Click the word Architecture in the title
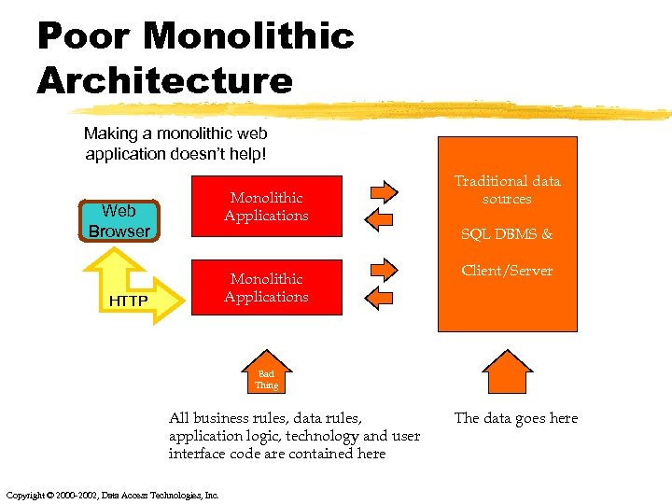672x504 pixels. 165,80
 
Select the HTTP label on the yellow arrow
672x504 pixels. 129,301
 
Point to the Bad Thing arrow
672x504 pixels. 267,374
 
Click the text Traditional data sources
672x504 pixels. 507,189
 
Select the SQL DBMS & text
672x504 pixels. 507,234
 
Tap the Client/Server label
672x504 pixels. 507,271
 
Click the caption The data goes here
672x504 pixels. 515,418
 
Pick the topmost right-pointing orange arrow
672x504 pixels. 383,192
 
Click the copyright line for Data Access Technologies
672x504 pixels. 112,495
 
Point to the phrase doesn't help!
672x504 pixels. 225,153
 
